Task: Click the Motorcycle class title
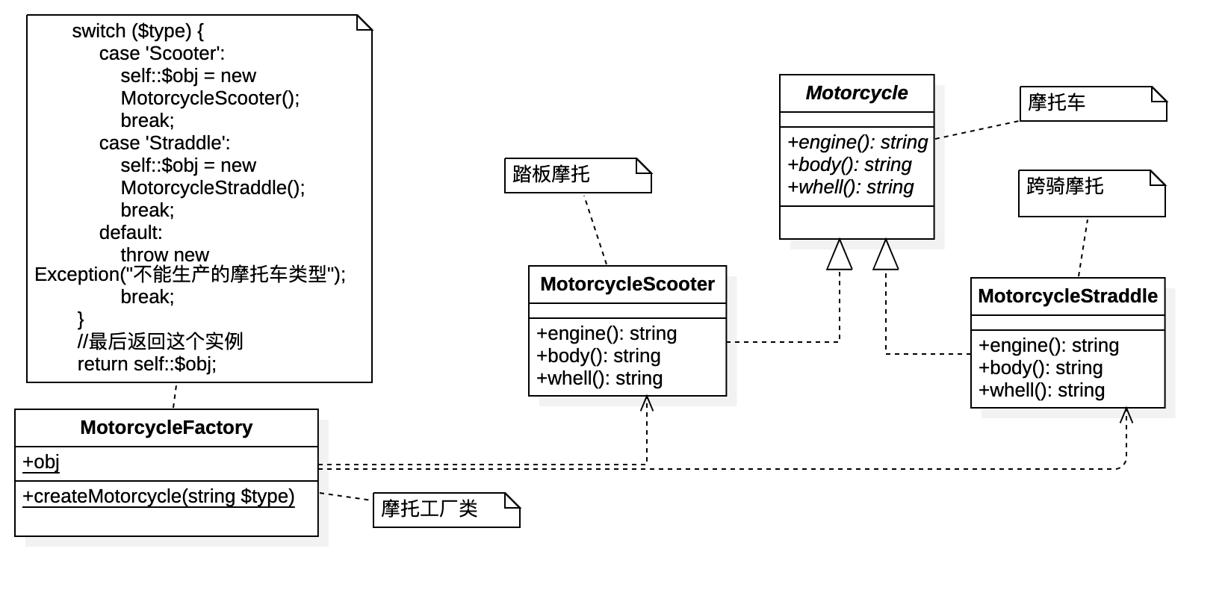pos(857,93)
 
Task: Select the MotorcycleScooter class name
pos(627,285)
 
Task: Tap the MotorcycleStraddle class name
pos(1067,297)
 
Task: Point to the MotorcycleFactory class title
pos(166,428)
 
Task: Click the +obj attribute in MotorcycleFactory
pos(41,462)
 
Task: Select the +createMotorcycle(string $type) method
pos(158,497)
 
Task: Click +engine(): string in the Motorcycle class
pos(858,143)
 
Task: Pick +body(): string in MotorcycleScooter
pos(598,356)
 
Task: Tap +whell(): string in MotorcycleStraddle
pos(1041,391)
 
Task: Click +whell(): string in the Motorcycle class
pos(850,187)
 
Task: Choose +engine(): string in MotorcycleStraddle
pos(1048,346)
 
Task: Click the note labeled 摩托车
pos(1057,103)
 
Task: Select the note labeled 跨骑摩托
pos(1065,187)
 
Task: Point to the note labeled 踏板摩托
pos(551,175)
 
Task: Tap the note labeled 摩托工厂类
pos(429,509)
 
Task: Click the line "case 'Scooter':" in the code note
pos(162,54)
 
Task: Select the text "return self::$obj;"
pos(146,364)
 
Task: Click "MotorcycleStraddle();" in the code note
pos(213,188)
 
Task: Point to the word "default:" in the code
pos(131,233)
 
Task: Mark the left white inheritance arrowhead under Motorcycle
pos(840,255)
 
